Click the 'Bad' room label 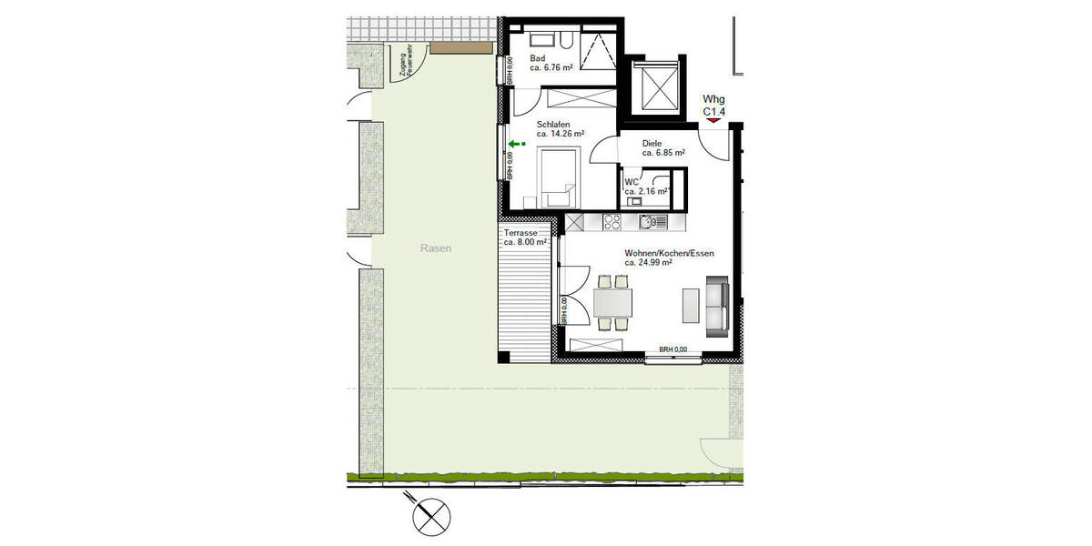tap(538, 58)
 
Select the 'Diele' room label tap(652, 143)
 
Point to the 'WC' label tap(631, 183)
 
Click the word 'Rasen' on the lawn tap(436, 248)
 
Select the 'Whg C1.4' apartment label tap(713, 105)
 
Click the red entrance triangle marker tap(713, 119)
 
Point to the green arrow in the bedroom tap(516, 144)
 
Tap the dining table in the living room tap(612, 301)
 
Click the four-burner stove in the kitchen tap(612, 220)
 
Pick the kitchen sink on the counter tap(649, 220)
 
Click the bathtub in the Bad tap(545, 40)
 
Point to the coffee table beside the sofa tap(691, 305)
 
